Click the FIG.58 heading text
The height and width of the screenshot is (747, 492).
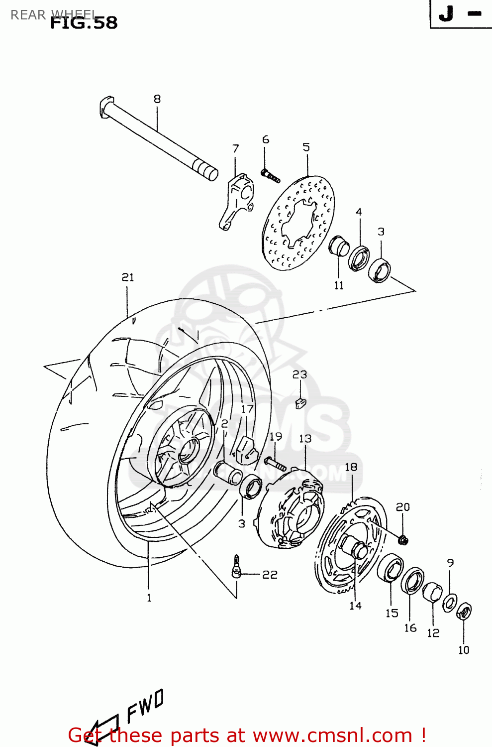(84, 23)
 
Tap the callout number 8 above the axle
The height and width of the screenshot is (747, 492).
(157, 99)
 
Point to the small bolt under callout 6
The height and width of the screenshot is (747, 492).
(270, 175)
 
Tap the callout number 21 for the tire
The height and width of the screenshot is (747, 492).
(128, 277)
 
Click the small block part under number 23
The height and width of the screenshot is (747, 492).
(300, 402)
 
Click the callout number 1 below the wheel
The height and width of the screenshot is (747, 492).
(149, 598)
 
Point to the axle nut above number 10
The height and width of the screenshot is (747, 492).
(464, 611)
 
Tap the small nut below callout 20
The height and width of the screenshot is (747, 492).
(403, 539)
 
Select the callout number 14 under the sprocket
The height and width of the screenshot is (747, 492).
(355, 606)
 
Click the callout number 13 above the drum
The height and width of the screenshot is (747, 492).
(305, 439)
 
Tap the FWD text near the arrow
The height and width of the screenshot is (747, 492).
(145, 706)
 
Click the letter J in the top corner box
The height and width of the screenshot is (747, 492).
(446, 14)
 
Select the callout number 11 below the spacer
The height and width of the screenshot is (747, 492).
(339, 285)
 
